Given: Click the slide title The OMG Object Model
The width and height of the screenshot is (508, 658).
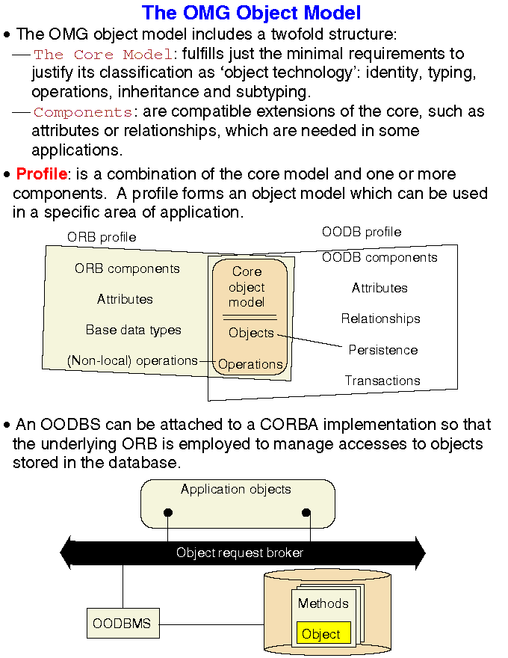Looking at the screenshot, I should (251, 13).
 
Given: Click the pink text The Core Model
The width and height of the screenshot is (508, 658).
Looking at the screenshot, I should (103, 55).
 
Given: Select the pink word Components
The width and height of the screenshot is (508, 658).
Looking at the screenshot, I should (82, 113).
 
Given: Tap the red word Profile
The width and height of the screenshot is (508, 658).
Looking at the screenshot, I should (41, 175).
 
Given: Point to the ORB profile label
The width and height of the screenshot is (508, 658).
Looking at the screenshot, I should (102, 237).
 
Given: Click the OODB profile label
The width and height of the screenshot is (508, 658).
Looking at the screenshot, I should (362, 232).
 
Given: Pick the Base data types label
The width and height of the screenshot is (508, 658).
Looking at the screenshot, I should (133, 330).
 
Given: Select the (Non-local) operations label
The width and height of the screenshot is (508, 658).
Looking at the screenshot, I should (132, 360).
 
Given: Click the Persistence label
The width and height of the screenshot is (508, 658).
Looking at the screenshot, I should (383, 350).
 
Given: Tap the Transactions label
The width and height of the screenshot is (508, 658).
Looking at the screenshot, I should (382, 381).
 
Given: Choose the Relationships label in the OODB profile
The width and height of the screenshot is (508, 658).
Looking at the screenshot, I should (380, 319).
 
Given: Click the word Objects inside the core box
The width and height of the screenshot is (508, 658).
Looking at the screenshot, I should (251, 333).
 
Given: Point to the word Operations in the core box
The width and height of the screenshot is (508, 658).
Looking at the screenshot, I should (250, 365).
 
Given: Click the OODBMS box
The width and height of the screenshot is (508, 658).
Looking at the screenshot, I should (123, 623).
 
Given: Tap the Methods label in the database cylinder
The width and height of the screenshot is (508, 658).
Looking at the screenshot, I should (323, 603).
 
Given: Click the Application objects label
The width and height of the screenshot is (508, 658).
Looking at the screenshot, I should (235, 490).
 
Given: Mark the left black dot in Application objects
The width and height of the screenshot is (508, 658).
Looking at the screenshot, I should (168, 512).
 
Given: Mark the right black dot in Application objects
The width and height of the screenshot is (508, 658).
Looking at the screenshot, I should (306, 512).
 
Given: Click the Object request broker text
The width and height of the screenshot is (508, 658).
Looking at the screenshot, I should (240, 553).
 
